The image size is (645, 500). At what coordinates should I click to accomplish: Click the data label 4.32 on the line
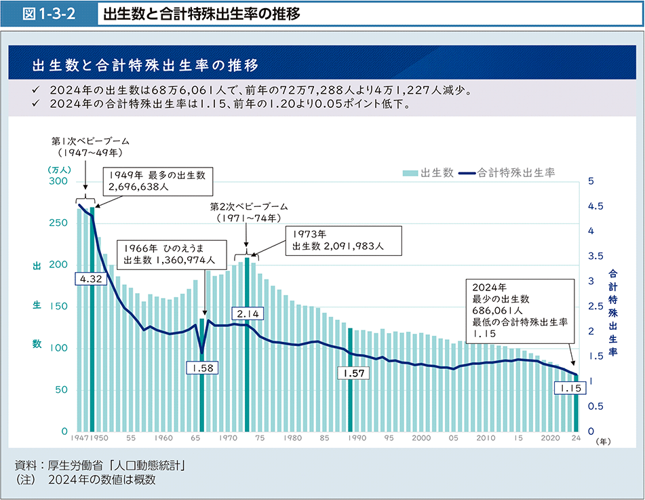[91, 279]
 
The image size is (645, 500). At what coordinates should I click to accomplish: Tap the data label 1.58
[201, 368]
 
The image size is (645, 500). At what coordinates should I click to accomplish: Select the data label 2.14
[246, 313]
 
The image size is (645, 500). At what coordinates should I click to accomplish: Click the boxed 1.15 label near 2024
[567, 388]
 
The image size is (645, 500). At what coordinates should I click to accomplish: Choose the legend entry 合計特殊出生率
[507, 172]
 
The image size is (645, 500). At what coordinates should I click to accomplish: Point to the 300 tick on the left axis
[58, 181]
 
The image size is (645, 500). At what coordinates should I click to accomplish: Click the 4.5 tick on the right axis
[596, 206]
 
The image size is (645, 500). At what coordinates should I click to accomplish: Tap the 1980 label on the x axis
[292, 439]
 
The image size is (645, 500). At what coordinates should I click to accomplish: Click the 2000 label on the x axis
[421, 439]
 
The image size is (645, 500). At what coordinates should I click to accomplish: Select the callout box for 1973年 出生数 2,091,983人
[345, 240]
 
